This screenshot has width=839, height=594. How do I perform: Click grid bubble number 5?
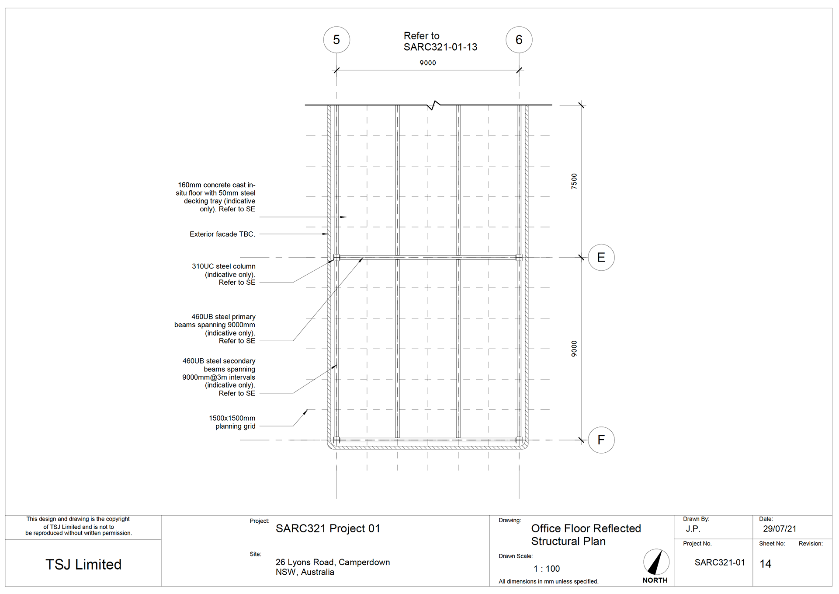[x=336, y=40]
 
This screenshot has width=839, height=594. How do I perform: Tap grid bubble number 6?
[x=519, y=40]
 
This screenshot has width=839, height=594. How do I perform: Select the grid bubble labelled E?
[x=601, y=257]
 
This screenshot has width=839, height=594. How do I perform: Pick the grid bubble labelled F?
[x=601, y=440]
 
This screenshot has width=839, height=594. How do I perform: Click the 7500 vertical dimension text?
[x=574, y=181]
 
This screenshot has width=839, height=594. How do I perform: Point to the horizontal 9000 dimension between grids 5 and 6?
[x=427, y=63]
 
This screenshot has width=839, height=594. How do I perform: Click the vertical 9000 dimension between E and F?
[x=574, y=349]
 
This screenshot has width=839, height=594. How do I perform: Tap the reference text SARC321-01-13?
[x=440, y=47]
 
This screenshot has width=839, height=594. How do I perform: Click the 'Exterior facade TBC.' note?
[x=222, y=234]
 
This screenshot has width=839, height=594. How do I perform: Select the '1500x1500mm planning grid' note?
[x=232, y=422]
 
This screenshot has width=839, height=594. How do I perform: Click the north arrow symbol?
[x=656, y=562]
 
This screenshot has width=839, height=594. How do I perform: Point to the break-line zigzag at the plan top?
[x=434, y=105]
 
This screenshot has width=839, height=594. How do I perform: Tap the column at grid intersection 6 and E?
[x=519, y=258]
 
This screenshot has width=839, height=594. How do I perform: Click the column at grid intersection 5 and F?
[x=336, y=440]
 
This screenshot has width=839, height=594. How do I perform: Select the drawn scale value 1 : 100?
[x=546, y=569]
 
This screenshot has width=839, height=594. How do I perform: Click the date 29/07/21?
[x=780, y=529]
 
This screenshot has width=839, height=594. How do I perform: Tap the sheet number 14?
[x=765, y=564]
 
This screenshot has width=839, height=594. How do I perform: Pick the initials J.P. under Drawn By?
[x=693, y=529]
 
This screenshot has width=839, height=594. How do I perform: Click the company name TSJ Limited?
[x=83, y=564]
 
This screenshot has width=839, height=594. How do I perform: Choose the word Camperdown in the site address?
[x=364, y=562]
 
